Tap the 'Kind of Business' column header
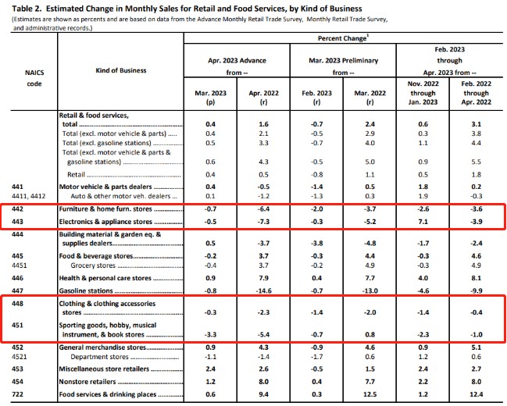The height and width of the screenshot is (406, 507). (121, 71)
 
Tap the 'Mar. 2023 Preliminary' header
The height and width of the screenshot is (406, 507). (341, 58)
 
